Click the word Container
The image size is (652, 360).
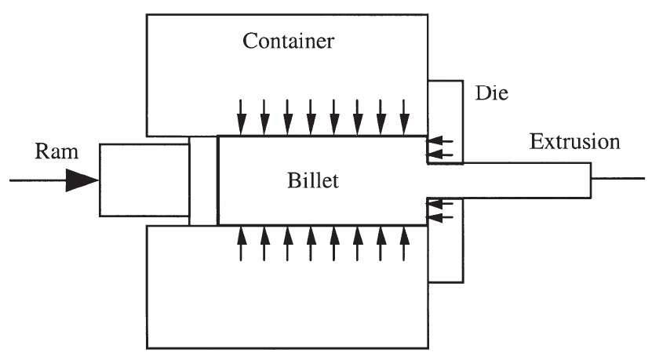[288, 41]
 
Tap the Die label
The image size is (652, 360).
[491, 93]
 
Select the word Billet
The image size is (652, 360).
[313, 180]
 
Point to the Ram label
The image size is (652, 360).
[56, 151]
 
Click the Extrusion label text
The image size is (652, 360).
[574, 141]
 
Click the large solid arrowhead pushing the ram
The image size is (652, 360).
[82, 180]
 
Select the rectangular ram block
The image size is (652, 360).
[144, 180]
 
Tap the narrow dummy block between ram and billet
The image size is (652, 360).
[203, 181]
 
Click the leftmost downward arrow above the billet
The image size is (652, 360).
[241, 117]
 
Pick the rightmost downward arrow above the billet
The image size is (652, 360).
[404, 117]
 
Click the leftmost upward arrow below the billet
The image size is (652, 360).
[241, 244]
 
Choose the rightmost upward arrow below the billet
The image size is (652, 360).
[404, 244]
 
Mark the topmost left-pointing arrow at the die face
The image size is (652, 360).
[440, 142]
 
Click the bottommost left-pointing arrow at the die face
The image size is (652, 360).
[440, 217]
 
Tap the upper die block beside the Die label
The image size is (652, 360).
[446, 122]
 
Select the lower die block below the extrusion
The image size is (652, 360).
[446, 240]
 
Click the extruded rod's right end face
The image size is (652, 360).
[591, 180]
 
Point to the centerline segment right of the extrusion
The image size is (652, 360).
[618, 179]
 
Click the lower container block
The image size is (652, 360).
[287, 287]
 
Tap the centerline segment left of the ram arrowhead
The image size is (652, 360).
[38, 180]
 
